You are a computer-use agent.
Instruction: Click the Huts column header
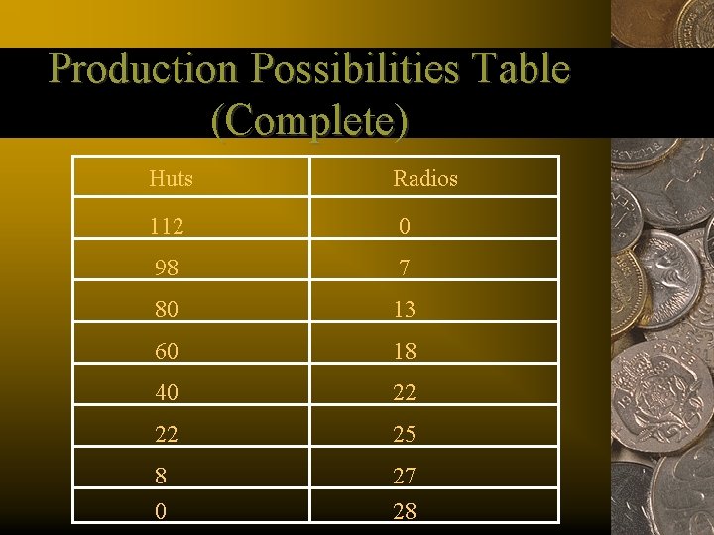click(171, 179)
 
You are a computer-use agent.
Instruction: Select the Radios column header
click(425, 179)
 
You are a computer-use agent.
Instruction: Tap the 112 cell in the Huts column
click(167, 227)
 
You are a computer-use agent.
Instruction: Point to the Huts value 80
click(166, 310)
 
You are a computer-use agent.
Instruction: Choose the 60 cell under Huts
click(166, 352)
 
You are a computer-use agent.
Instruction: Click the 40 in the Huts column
click(166, 393)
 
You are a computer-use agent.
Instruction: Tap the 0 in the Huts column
click(160, 512)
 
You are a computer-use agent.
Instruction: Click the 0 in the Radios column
click(405, 227)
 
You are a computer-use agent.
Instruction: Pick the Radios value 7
click(405, 268)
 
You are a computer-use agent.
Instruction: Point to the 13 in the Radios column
click(405, 310)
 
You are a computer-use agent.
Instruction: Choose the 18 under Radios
click(405, 352)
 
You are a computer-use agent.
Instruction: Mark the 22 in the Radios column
click(405, 393)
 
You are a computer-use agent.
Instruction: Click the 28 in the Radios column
click(405, 512)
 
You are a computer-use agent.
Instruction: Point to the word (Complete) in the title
click(309, 120)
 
